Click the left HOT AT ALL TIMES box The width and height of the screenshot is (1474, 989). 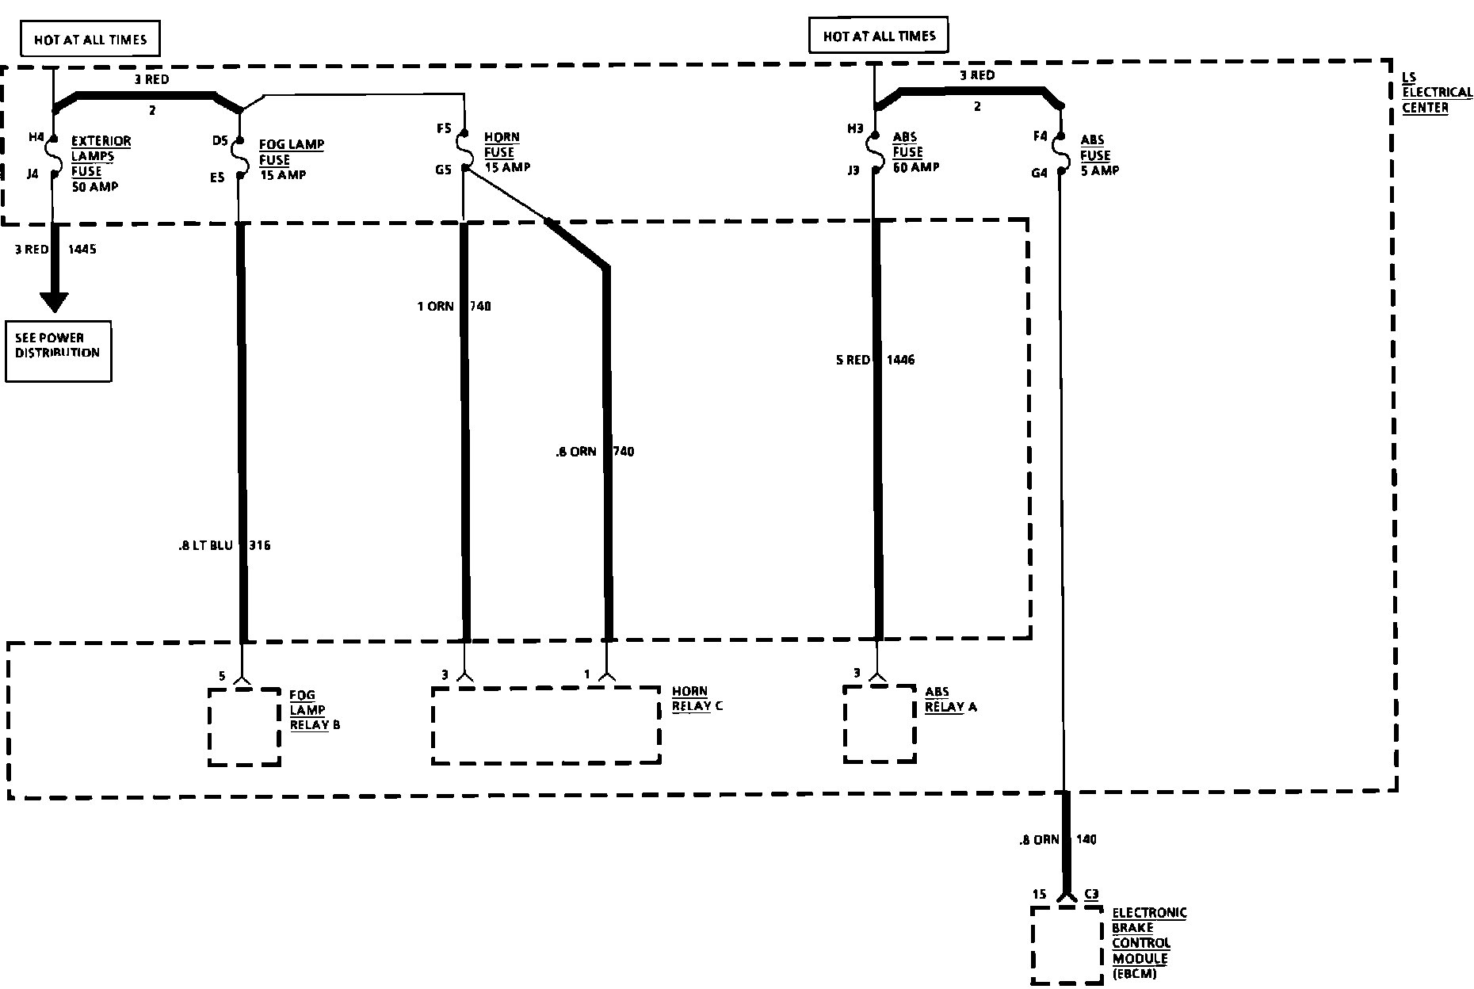click(x=90, y=40)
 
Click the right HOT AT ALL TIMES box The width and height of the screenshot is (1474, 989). click(x=879, y=36)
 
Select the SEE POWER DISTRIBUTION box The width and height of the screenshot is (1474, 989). click(x=58, y=350)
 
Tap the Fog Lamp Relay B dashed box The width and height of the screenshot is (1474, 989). click(x=244, y=727)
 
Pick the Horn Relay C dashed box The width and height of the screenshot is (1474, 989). click(x=546, y=725)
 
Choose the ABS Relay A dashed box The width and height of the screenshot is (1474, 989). click(x=880, y=724)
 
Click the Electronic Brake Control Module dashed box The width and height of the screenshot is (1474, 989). click(x=1067, y=945)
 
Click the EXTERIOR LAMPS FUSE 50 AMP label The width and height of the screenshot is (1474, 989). click(x=100, y=163)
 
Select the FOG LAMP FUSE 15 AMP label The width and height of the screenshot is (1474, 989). click(x=291, y=159)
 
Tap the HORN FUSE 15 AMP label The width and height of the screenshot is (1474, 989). click(x=506, y=152)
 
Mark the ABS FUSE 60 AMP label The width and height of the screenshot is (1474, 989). click(x=915, y=152)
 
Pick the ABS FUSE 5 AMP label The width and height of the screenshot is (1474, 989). click(x=1099, y=155)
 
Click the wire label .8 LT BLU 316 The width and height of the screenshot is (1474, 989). click(x=224, y=545)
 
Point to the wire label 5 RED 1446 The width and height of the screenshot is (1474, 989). click(x=875, y=360)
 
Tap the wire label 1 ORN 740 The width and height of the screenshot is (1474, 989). click(x=454, y=306)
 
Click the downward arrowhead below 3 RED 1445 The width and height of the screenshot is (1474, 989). click(x=55, y=302)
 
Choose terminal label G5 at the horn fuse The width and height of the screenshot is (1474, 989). click(x=442, y=169)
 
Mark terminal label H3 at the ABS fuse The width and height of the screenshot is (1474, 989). click(x=853, y=128)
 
